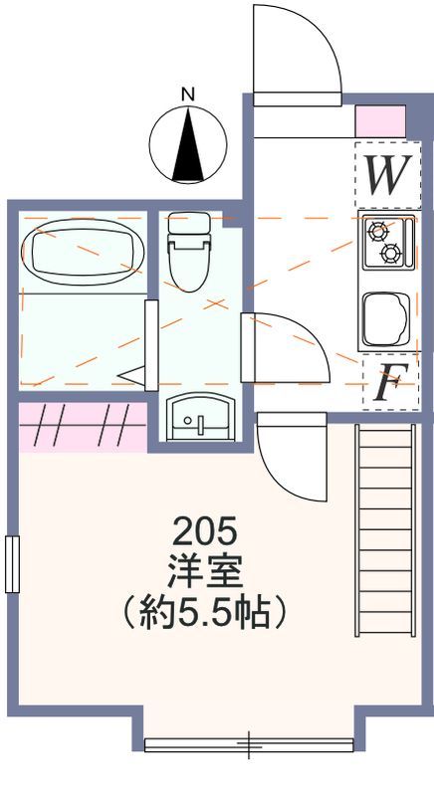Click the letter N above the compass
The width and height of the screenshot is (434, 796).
(x=188, y=95)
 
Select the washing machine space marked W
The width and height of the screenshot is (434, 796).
(x=388, y=175)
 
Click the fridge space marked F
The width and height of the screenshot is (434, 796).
(x=391, y=382)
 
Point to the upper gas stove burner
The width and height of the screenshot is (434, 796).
(x=378, y=232)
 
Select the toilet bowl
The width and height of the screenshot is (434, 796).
(x=189, y=267)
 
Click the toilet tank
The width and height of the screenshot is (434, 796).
(x=189, y=222)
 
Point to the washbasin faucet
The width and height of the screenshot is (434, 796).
(x=201, y=424)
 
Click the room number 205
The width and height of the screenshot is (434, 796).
(x=206, y=532)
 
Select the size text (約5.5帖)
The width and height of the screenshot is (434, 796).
(x=205, y=612)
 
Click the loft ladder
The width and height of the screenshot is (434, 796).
(x=385, y=529)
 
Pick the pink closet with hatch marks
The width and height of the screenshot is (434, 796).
(x=83, y=426)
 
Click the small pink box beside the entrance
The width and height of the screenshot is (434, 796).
(x=380, y=121)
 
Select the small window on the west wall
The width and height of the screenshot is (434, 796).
(x=12, y=564)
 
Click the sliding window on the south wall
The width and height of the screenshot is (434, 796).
(x=249, y=744)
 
